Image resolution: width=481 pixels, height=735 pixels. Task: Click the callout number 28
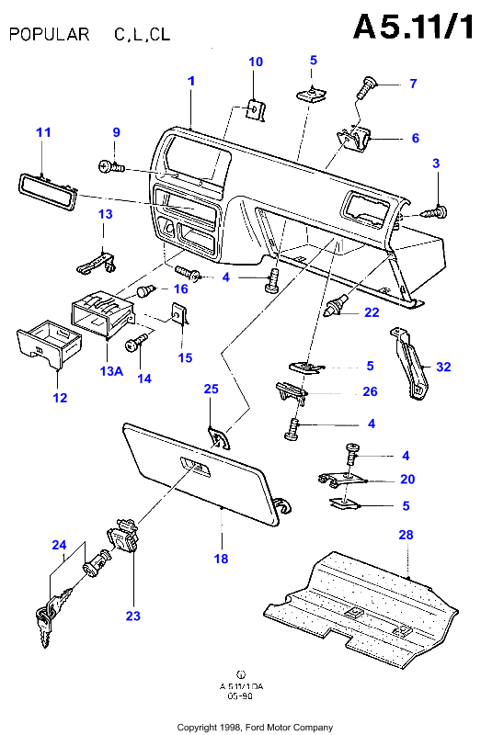coord(406,535)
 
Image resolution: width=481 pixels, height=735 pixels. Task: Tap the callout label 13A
coord(111,371)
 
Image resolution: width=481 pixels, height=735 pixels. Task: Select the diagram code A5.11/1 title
coord(414,27)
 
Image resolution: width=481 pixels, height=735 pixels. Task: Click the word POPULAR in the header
coord(50,34)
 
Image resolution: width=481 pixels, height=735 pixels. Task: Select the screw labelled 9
coord(111,166)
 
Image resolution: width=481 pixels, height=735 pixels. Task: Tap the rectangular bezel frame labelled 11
coord(48,191)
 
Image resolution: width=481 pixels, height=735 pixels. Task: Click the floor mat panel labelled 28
coord(361,607)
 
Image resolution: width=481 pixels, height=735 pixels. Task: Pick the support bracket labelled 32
coord(410,363)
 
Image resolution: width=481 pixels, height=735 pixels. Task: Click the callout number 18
coord(221,559)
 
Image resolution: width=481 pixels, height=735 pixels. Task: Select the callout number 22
coord(372,312)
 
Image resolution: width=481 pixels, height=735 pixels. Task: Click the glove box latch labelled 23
coord(123,537)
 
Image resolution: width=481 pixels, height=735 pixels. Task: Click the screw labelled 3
coord(435,212)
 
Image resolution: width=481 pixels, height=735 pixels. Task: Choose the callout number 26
coord(371,391)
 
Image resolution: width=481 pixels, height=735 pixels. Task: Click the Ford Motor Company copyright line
coord(255,728)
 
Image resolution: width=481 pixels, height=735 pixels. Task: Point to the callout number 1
coord(191,81)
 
